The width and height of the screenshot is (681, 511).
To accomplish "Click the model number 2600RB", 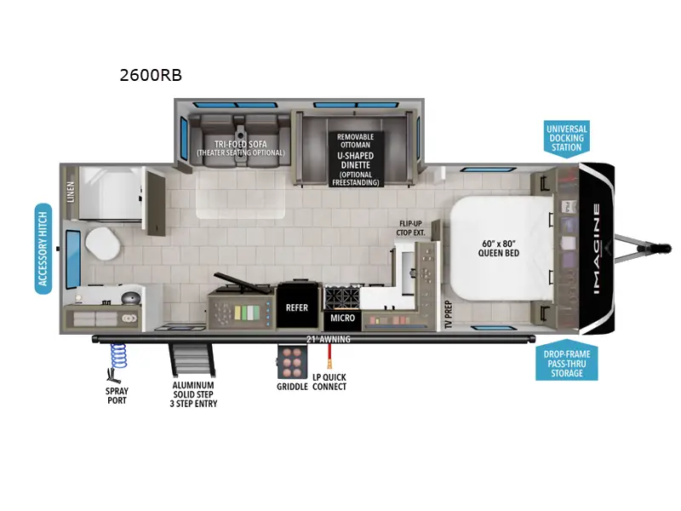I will pyautogui.click(x=151, y=75).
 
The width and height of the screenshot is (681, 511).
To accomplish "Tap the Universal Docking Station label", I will pyautogui.click(x=566, y=138).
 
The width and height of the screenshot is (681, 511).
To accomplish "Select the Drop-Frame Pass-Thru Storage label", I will pyautogui.click(x=566, y=362).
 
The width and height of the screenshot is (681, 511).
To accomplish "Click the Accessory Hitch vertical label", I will pyautogui.click(x=43, y=249).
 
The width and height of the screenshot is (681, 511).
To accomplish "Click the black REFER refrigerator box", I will pyautogui.click(x=297, y=308).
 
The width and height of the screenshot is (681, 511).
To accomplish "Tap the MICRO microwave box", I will pyautogui.click(x=342, y=319).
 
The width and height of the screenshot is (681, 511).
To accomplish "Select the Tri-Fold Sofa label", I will pyautogui.click(x=239, y=148).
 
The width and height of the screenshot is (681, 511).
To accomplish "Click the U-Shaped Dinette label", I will pyautogui.click(x=356, y=159).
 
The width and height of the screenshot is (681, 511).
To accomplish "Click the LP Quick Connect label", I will pyautogui.click(x=329, y=382).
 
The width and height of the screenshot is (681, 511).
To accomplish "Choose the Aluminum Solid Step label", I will pyautogui.click(x=194, y=393).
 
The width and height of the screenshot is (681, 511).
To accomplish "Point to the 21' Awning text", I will pyautogui.click(x=329, y=339).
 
